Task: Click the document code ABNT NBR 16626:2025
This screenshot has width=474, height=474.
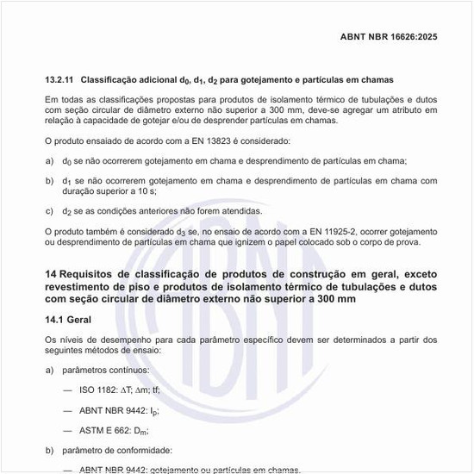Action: [390, 37]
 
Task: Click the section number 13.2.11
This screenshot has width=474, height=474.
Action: [61, 79]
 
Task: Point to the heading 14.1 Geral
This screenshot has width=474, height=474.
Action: [68, 319]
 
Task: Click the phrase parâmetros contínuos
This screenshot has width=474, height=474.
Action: [106, 370]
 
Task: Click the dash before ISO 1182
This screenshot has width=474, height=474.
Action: [67, 390]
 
